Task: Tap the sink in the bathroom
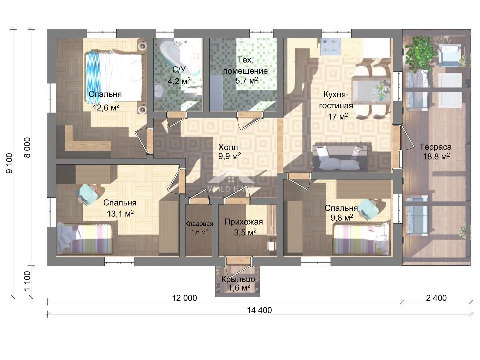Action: pos(160,90)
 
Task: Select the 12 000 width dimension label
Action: pos(184,298)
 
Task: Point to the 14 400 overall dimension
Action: pos(259,310)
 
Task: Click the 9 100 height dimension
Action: pos(9,163)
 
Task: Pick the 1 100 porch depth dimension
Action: pos(27,281)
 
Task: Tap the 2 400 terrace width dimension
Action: pos(436,298)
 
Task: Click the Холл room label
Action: pos(228,147)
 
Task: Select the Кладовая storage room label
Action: pos(199,224)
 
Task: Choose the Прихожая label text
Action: pos(244,222)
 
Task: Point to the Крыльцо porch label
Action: pos(238,279)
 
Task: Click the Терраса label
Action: pos(435,147)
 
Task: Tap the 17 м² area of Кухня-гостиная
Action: pos(338,116)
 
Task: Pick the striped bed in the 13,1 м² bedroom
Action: pos(85,239)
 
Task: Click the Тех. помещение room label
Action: pos(245,65)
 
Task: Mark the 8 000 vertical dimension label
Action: pos(27,147)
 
